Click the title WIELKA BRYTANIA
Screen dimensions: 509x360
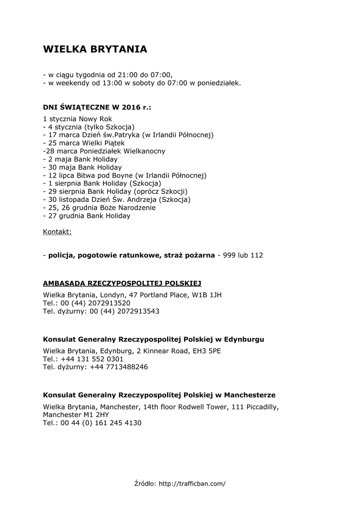click(x=95, y=49)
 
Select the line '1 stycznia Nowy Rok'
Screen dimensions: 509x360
click(x=78, y=119)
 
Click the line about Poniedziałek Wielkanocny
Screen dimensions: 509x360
click(x=104, y=151)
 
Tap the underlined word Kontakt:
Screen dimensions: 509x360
click(x=57, y=232)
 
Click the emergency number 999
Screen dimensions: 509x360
click(x=229, y=255)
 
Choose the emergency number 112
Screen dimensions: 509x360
click(x=257, y=255)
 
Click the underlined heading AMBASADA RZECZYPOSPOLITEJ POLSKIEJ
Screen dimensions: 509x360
click(x=122, y=283)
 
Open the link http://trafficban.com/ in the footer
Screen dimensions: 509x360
click(x=192, y=483)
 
